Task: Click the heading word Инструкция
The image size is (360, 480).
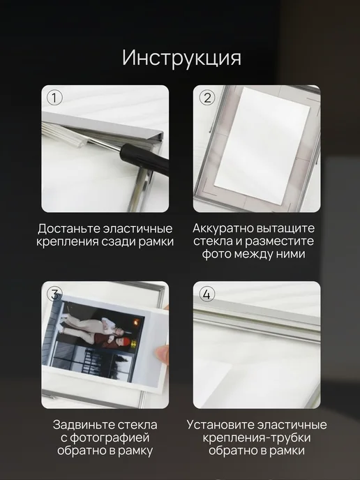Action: pyautogui.click(x=181, y=57)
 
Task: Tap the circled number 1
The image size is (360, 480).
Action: pyautogui.click(x=54, y=98)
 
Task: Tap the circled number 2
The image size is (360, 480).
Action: pyautogui.click(x=207, y=98)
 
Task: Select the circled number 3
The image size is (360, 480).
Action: pyautogui.click(x=54, y=294)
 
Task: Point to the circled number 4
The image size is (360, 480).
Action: pyautogui.click(x=207, y=294)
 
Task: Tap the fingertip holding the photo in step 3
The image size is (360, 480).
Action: pyautogui.click(x=163, y=354)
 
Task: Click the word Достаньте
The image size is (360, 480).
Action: pyautogui.click(x=69, y=229)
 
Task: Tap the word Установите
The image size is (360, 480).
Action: pyautogui.click(x=220, y=425)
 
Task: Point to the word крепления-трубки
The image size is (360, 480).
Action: pyautogui.click(x=257, y=437)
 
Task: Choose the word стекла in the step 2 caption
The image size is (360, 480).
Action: pyautogui.click(x=213, y=241)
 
